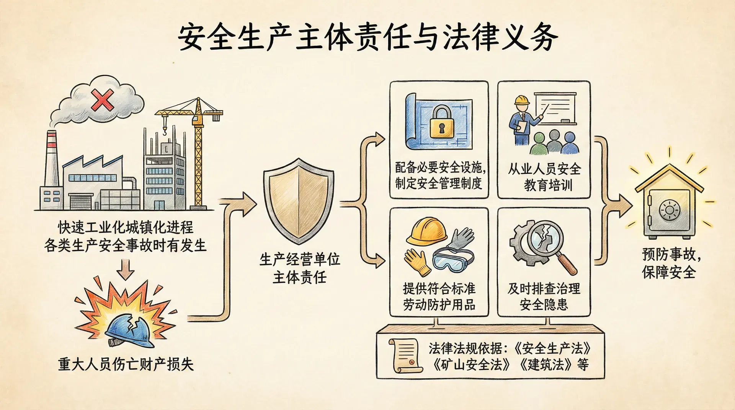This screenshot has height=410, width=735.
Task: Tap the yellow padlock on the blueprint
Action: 441,123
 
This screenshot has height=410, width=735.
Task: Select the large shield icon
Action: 298,201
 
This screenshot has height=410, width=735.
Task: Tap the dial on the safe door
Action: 670,210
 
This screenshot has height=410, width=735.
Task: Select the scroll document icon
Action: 405,356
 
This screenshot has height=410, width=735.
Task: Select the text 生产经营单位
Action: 300,260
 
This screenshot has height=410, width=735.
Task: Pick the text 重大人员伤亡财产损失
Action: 126,364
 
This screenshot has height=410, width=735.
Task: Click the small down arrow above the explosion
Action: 126,269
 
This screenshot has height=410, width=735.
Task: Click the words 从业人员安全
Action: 544,169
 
